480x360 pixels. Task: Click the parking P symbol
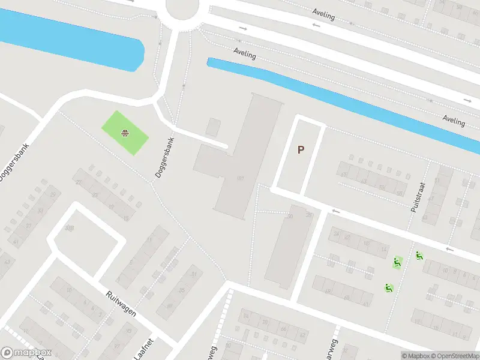pos(301,150)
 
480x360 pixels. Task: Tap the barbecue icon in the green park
pos(125,133)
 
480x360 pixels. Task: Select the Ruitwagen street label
pos(121,304)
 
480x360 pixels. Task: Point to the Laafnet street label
pos(144,347)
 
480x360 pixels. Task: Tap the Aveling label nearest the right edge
pos(454,121)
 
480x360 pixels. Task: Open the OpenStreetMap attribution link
pos(455,356)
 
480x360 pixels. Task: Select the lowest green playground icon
pos(389,289)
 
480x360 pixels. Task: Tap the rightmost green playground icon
pos(419,256)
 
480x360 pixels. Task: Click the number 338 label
pos(70,228)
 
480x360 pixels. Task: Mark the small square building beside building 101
pos(213,127)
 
